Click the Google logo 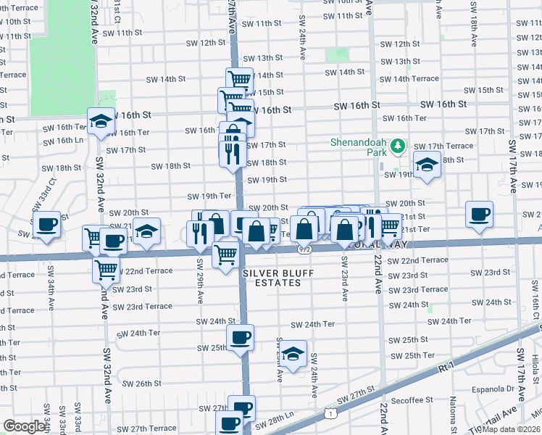pos(25,426)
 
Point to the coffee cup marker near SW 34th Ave pos(47,225)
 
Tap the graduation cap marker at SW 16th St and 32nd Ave pos(101,121)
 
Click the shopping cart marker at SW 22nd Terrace pos(107,270)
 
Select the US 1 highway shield pos(330,413)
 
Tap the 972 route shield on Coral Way pos(304,249)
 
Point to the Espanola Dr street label pos(495,389)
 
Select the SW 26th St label pos(141,384)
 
